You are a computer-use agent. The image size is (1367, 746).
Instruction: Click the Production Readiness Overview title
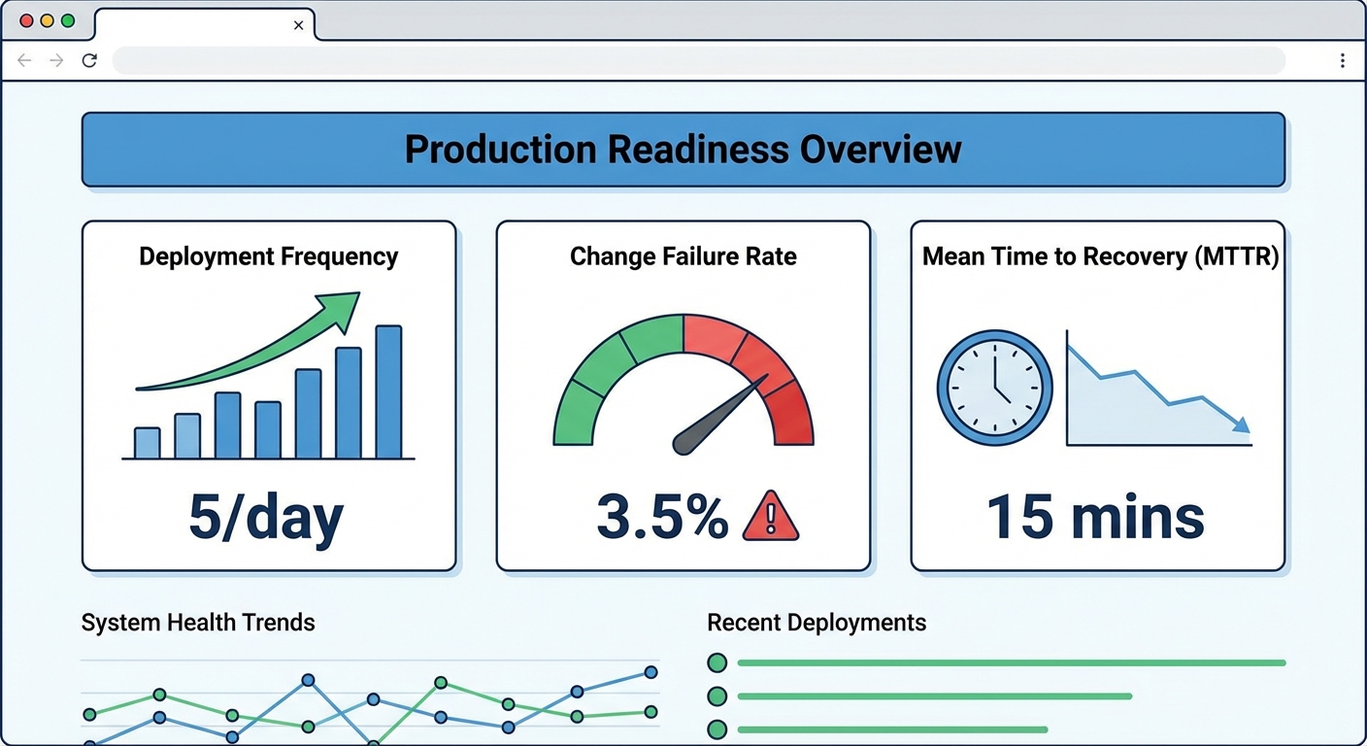click(683, 150)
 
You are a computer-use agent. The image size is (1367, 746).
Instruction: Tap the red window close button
click(26, 20)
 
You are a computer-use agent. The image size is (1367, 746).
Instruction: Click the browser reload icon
click(89, 60)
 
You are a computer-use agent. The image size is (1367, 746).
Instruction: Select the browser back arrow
click(25, 60)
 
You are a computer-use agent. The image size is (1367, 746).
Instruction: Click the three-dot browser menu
click(1342, 60)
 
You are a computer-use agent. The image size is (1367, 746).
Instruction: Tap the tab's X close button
click(298, 25)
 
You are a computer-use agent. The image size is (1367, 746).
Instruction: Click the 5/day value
click(265, 517)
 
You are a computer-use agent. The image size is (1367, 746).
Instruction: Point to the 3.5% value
click(662, 517)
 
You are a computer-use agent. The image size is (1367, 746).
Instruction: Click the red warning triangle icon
click(770, 517)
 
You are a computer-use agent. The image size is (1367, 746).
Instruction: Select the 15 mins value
click(1096, 517)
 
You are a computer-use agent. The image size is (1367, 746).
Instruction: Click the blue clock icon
click(994, 388)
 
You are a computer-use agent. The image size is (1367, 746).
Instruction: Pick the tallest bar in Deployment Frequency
click(388, 391)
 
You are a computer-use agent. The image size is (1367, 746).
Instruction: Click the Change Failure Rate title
click(683, 256)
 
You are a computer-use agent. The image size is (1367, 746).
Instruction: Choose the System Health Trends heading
click(198, 623)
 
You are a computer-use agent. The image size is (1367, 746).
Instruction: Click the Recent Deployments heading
click(817, 623)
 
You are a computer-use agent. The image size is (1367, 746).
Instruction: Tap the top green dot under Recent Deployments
click(717, 663)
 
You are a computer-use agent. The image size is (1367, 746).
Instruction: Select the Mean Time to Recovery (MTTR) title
click(1099, 256)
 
